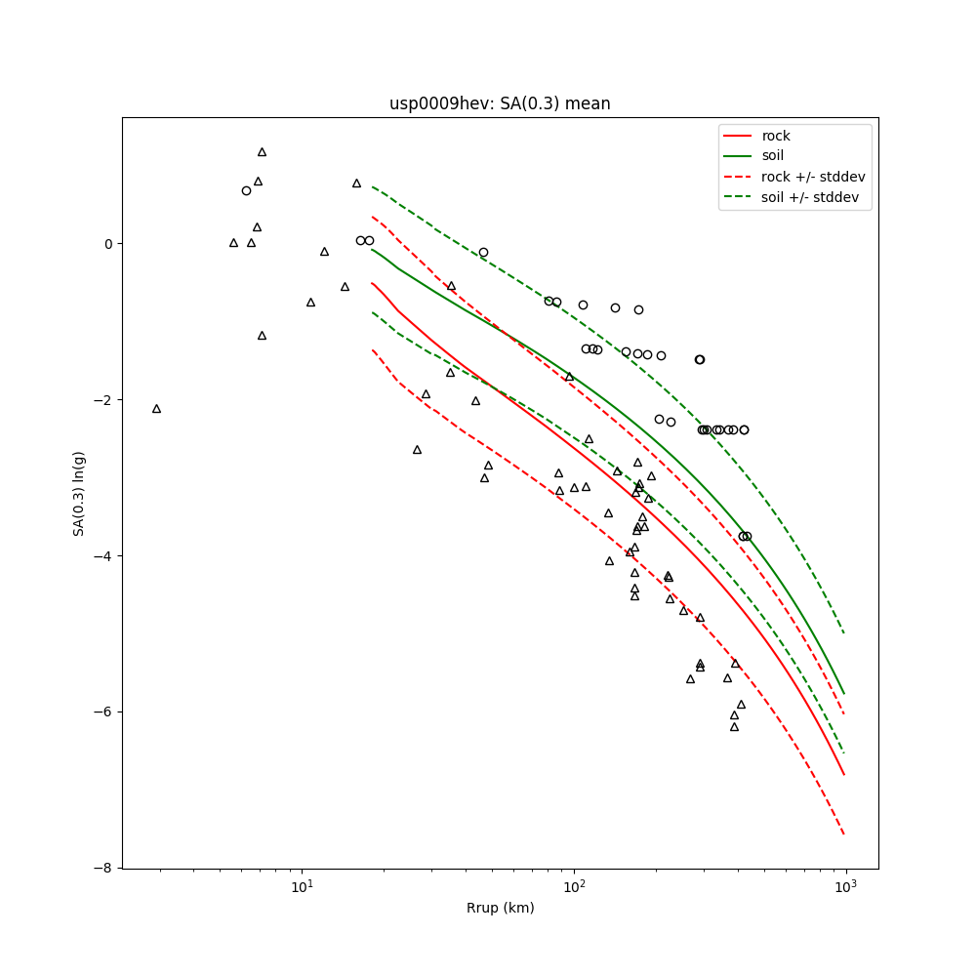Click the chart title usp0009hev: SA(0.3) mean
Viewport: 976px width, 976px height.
500,103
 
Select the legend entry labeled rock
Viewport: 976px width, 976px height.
776,136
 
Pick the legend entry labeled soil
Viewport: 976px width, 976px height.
773,155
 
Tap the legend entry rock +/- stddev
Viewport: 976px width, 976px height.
813,177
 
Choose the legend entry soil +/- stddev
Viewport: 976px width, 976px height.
812,197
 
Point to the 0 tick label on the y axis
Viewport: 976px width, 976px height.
107,244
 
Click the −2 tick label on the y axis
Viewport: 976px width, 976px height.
103,400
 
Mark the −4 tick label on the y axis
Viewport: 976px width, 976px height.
103,556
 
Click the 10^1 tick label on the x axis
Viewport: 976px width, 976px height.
303,886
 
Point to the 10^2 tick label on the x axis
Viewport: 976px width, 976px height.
574,886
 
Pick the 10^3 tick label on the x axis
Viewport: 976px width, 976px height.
845,886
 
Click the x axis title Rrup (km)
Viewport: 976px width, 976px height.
500,908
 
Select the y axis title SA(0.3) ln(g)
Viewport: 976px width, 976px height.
79,493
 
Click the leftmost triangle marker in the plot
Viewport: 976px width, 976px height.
156,409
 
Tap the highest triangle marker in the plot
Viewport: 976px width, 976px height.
262,152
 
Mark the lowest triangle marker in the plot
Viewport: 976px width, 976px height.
734,727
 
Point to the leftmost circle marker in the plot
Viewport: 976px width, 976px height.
246,190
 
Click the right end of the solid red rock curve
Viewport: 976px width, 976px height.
844,775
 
